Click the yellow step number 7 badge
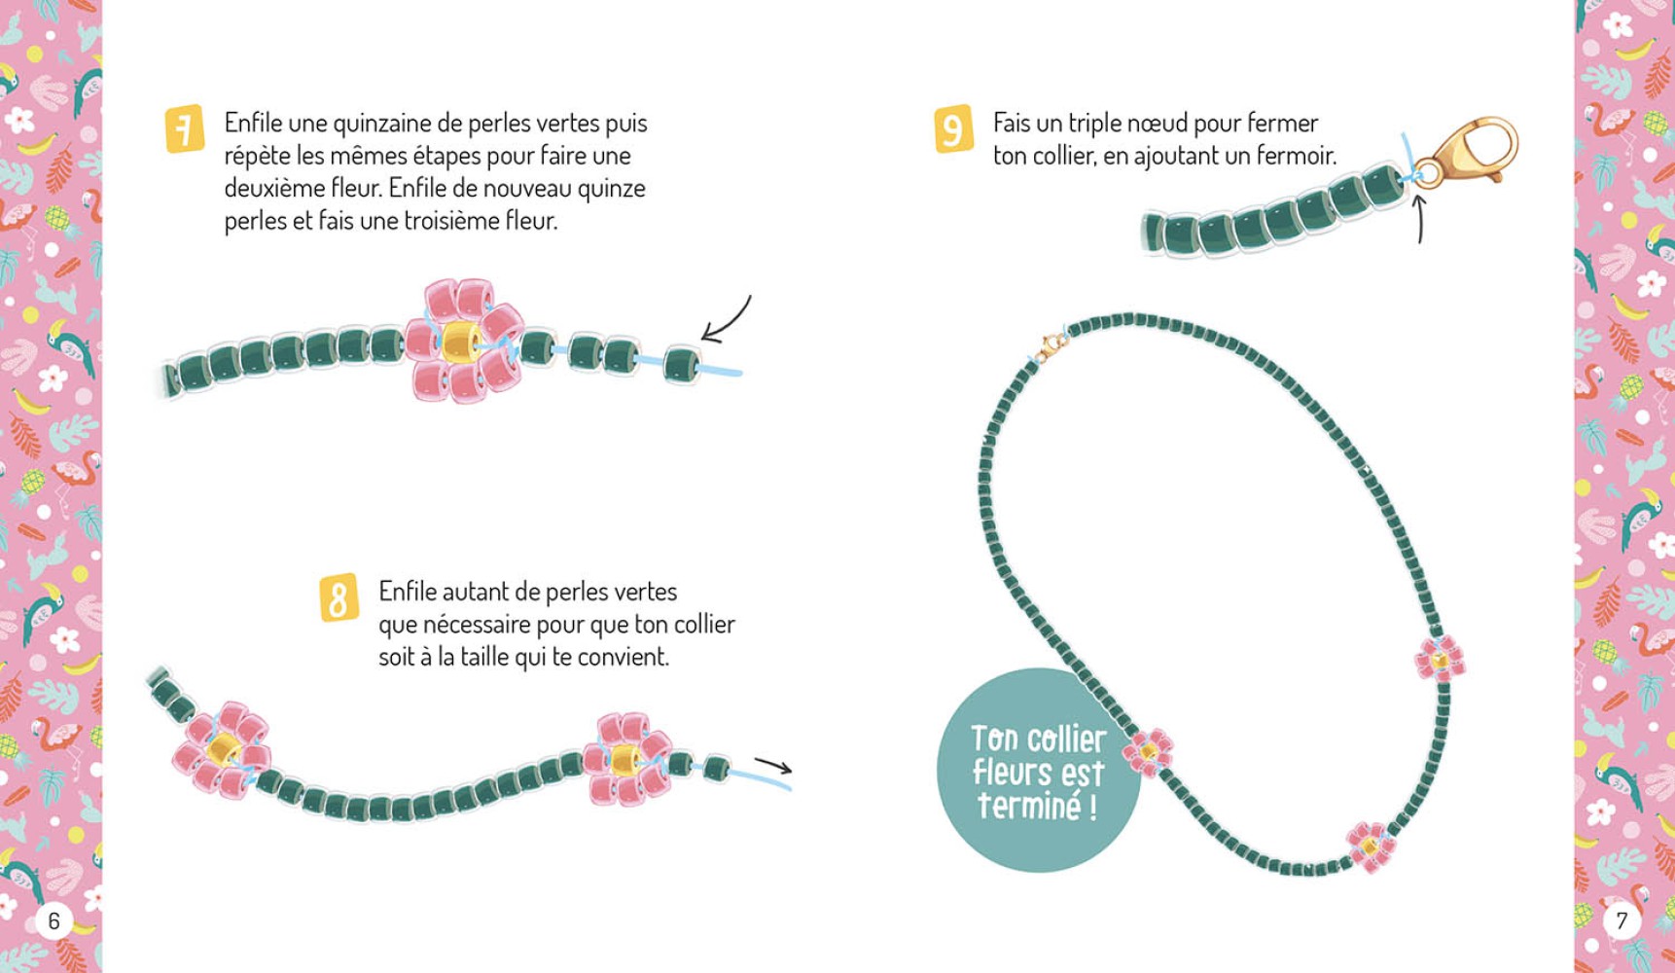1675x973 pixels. point(184,128)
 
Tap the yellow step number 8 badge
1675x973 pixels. point(339,597)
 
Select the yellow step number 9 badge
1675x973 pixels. point(952,129)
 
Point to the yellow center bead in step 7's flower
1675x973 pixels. point(459,341)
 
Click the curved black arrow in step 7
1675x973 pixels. point(726,320)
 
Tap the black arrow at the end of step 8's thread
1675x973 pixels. point(774,766)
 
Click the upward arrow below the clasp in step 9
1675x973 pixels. point(1418,219)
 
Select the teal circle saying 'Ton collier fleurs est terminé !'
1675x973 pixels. point(1037,771)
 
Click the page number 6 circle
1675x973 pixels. point(53,920)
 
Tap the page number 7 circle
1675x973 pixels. point(1621,920)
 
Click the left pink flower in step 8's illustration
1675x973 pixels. point(221,750)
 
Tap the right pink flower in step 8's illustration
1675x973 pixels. point(625,758)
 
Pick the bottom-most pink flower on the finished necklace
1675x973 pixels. point(1370,846)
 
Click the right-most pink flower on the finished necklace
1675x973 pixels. point(1440,659)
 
